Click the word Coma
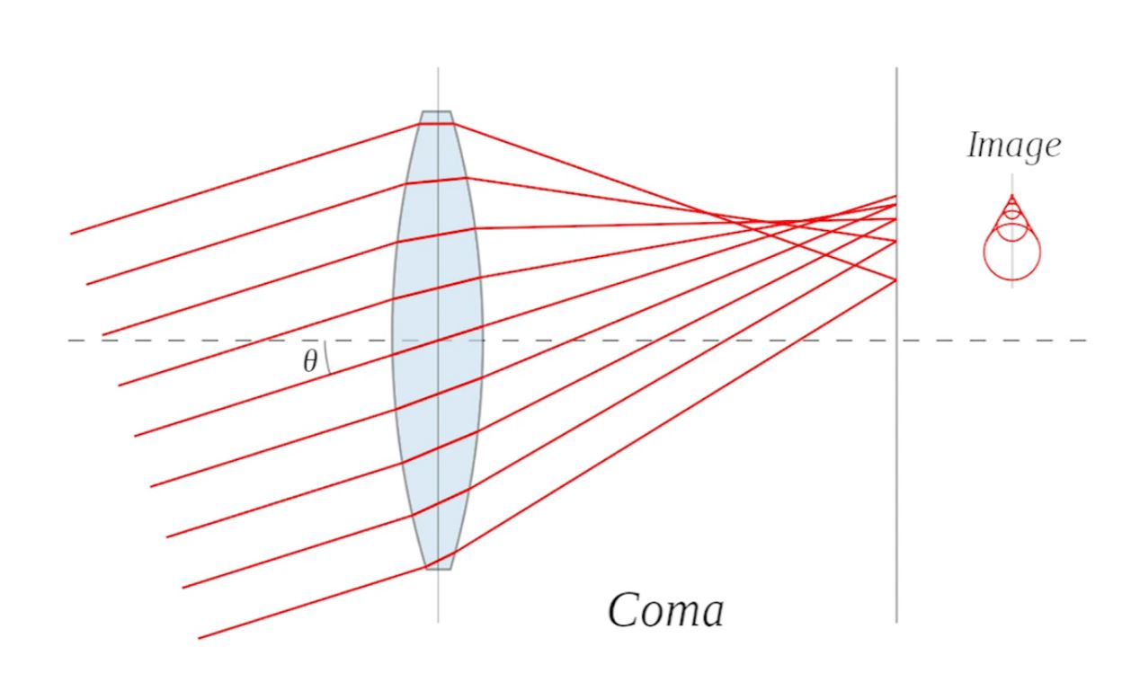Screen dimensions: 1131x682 pos(665,611)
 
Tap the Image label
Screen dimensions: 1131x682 pos(1014,146)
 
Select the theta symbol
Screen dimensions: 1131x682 pos(310,361)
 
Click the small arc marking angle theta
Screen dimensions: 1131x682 pos(326,358)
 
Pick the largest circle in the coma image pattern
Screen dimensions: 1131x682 pos(1011,252)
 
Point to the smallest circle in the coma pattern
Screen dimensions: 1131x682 pos(1011,207)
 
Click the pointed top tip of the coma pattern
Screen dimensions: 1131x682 pos(1011,195)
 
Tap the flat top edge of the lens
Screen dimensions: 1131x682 pos(437,111)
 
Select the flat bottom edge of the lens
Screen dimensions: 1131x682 pos(438,570)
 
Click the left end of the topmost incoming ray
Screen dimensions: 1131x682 pos(71,234)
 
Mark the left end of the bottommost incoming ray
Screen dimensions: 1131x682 pos(199,639)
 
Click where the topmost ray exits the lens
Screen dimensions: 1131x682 pos(453,123)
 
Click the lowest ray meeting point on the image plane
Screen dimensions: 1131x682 pos(896,280)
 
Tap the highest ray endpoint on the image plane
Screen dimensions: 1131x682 pos(896,196)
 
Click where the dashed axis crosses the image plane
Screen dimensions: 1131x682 pos(896,341)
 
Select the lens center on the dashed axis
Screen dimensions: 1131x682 pos(438,341)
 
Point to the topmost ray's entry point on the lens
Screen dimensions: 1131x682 pos(419,124)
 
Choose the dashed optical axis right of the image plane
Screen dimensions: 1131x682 pos(993,341)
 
